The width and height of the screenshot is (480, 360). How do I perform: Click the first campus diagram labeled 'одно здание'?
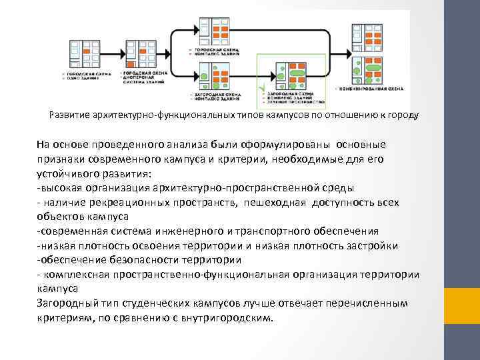[x=83, y=54]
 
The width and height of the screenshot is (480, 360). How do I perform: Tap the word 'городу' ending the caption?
[x=403, y=115]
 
